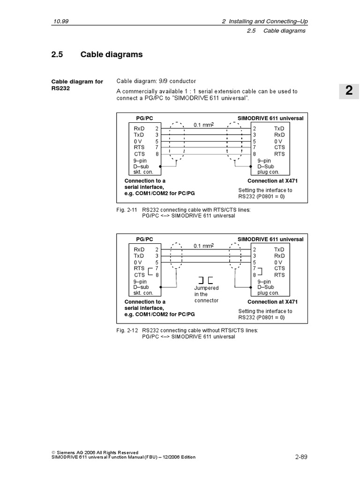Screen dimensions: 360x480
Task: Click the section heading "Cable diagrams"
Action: [112, 55]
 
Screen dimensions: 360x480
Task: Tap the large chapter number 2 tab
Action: [349, 90]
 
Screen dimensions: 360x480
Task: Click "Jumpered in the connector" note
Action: [206, 294]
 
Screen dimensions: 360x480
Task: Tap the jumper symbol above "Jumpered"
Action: [206, 280]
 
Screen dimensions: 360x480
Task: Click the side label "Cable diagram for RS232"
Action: [77, 85]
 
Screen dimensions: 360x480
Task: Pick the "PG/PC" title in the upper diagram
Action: [144, 118]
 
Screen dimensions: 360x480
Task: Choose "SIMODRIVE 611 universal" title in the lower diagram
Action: [270, 239]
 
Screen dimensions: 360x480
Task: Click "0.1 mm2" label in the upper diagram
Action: [203, 125]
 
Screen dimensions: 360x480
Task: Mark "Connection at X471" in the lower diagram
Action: [272, 302]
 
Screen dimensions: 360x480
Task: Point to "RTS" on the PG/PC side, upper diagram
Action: [139, 147]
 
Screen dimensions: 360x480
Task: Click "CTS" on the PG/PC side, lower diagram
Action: [140, 275]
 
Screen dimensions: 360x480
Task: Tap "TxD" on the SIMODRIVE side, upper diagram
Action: [279, 128]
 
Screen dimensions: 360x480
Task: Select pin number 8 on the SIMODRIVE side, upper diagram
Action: [255, 154]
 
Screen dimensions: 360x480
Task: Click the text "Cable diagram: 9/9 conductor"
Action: [156, 81]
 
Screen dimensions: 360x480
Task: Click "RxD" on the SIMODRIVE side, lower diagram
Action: [279, 256]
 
